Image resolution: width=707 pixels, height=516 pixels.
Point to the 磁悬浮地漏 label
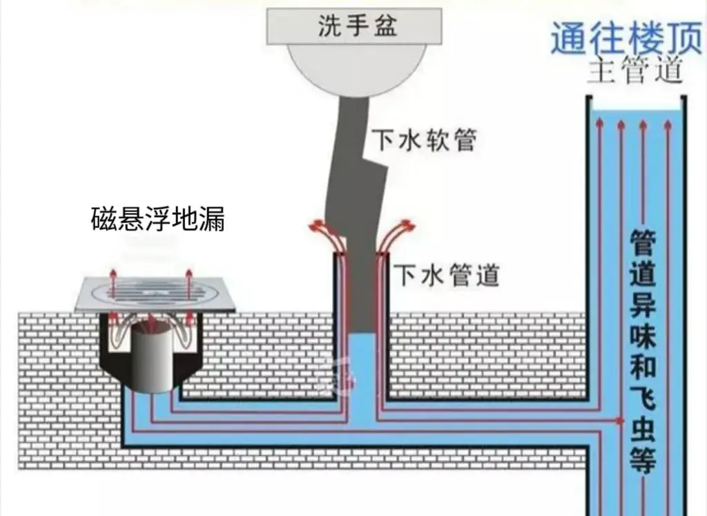point(158,220)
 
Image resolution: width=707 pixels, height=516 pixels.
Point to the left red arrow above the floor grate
point(113,276)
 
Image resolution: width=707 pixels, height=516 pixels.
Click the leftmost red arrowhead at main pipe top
point(599,124)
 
